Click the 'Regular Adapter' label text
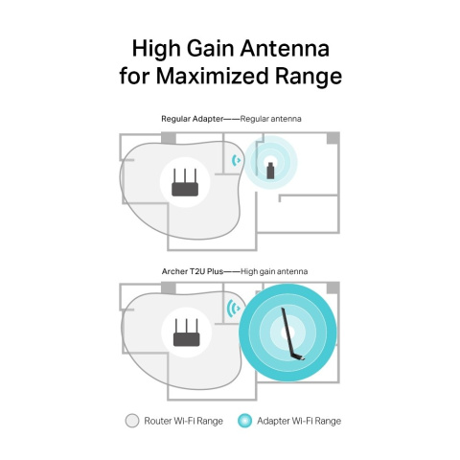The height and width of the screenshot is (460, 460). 193,118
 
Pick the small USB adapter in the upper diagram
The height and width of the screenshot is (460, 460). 270,170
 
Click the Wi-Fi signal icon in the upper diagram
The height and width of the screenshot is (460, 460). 236,159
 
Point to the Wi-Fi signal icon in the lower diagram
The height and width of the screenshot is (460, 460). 232,308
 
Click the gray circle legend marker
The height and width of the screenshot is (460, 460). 132,420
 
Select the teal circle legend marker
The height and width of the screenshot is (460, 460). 244,420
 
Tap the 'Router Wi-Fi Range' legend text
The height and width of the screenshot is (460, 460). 184,420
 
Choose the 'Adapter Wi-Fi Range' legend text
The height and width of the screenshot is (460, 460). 299,420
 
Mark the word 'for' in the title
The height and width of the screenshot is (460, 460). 137,76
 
